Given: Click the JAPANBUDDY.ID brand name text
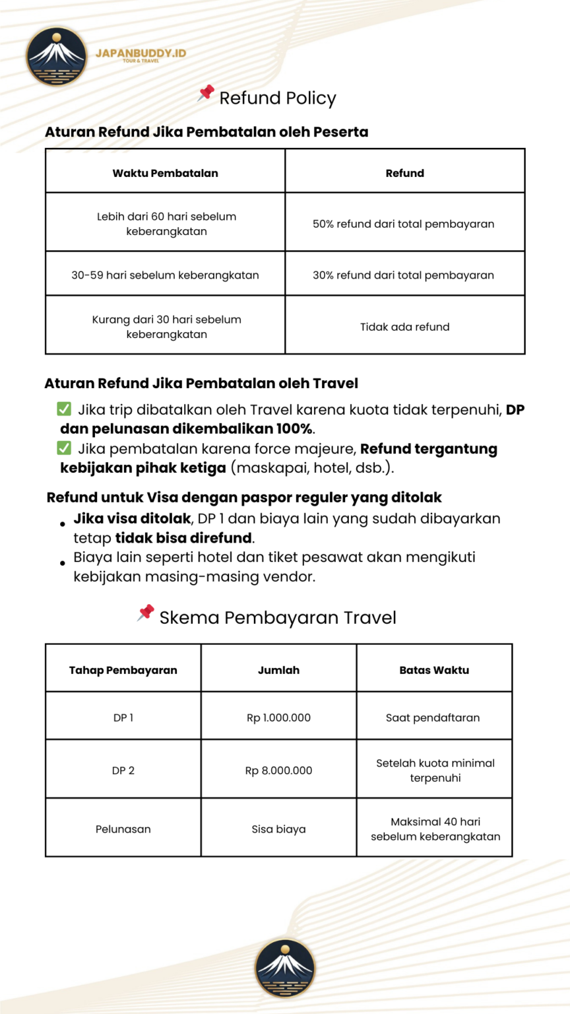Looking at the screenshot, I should (141, 53).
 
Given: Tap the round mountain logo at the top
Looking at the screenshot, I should (56, 56).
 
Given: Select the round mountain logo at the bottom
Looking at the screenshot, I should (285, 968).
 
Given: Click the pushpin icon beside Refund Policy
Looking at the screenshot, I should (206, 93).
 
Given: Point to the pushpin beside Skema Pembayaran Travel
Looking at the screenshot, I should (146, 613).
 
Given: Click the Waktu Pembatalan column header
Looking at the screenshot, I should (165, 173).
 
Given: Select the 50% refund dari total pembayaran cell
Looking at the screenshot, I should (404, 224).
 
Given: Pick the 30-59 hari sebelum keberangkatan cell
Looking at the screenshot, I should (165, 275).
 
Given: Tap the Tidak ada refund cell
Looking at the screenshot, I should (404, 327).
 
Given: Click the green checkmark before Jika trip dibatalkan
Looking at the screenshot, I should (64, 409).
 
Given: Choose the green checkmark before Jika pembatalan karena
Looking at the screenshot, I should (64, 449).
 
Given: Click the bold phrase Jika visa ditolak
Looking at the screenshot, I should (132, 519).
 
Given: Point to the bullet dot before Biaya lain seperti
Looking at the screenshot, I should (63, 563).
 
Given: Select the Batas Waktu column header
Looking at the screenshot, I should (434, 670).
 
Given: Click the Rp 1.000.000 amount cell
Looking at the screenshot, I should (278, 718).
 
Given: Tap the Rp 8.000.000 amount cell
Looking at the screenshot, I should (278, 770).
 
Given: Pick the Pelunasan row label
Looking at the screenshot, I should (123, 829).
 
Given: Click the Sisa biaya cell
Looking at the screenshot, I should (278, 829).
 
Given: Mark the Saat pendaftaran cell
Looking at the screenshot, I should (433, 718).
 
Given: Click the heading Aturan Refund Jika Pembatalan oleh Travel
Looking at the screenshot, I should (201, 384).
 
